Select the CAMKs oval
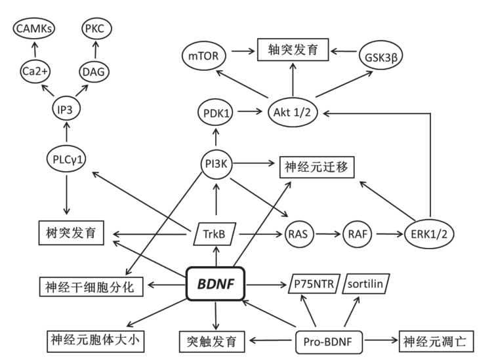pyautogui.click(x=33, y=29)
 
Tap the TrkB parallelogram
pyautogui.click(x=216, y=233)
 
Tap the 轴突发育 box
pyautogui.click(x=293, y=49)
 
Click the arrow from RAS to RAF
pyautogui.click(x=327, y=233)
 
